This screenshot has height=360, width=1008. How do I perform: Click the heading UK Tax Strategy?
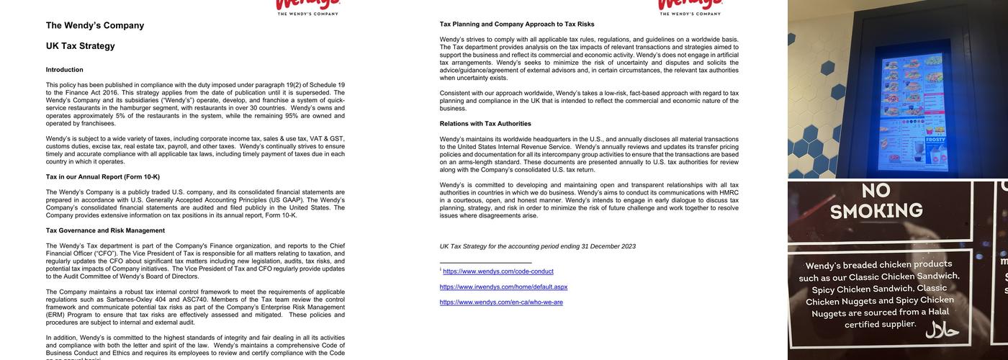(x=80, y=46)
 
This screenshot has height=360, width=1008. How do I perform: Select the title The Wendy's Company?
(x=95, y=25)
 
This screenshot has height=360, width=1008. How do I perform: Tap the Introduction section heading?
(x=64, y=70)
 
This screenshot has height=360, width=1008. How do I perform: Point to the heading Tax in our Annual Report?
(x=102, y=176)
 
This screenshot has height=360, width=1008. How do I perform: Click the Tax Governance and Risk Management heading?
(x=105, y=230)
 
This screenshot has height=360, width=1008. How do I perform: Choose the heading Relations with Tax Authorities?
(x=485, y=124)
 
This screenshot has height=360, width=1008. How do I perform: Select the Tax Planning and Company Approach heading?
(x=517, y=24)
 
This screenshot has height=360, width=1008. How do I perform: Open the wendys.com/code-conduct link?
(x=498, y=271)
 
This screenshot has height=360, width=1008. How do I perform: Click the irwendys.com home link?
(x=503, y=287)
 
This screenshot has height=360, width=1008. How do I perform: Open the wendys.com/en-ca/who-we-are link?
(x=501, y=302)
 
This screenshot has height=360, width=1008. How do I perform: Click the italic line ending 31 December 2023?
(x=537, y=246)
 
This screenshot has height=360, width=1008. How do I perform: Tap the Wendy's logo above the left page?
(x=307, y=6)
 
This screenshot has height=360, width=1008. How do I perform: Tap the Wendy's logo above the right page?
(x=690, y=6)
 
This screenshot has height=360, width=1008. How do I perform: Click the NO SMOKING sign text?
(x=876, y=201)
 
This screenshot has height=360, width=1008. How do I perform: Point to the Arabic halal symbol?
(x=942, y=330)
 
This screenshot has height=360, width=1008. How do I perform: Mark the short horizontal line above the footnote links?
(x=485, y=263)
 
